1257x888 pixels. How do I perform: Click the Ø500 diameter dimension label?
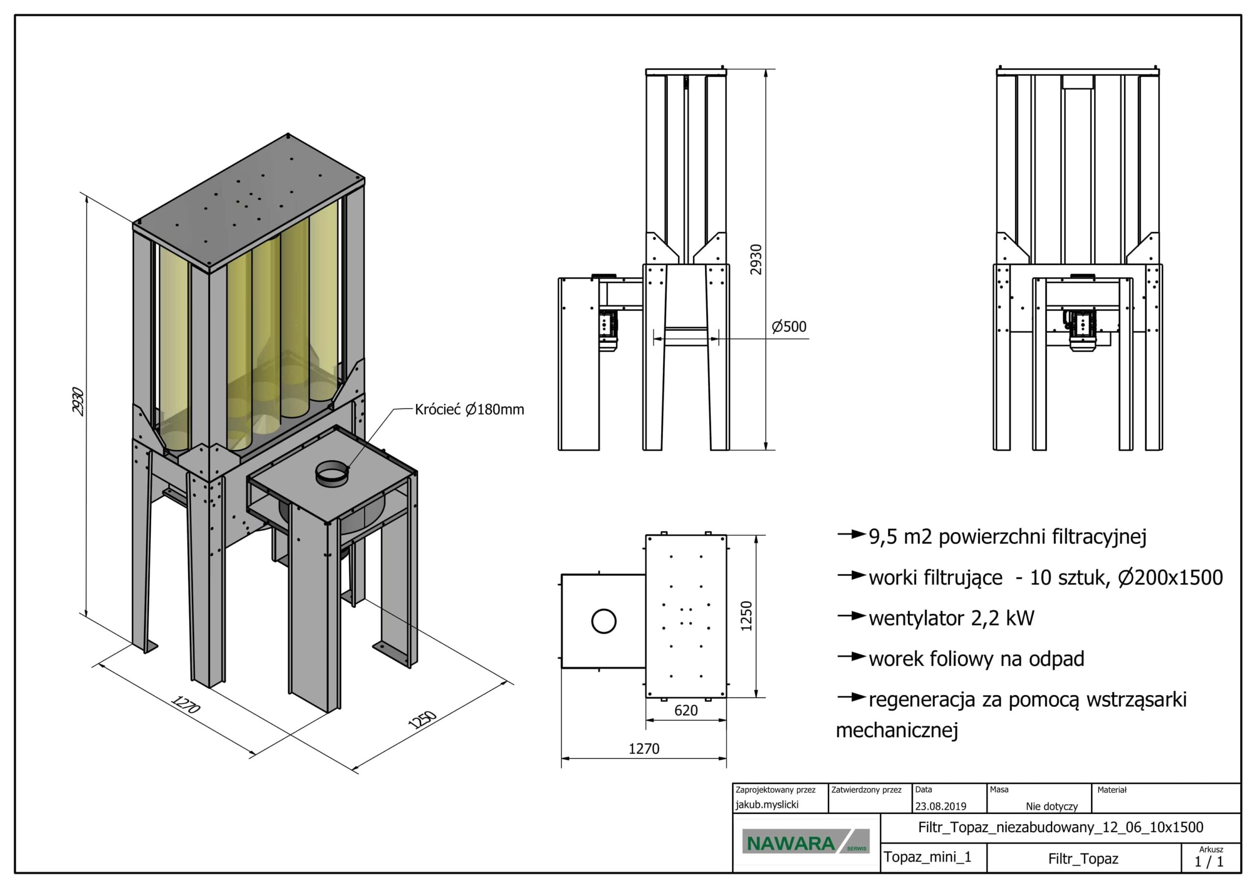[789, 327]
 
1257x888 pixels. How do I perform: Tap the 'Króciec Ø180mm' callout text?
[469, 409]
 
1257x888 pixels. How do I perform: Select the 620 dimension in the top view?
[685, 710]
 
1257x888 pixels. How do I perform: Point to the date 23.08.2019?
[941, 806]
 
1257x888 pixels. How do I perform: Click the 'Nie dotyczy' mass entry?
[1051, 806]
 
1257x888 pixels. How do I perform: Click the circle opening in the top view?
[604, 621]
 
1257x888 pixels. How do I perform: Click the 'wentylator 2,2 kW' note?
[951, 618]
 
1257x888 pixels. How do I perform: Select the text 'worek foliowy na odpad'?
[976, 659]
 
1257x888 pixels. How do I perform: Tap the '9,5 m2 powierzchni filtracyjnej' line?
[1008, 537]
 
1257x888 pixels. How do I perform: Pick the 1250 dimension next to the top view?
[746, 616]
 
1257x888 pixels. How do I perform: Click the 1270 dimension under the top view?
[644, 749]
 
